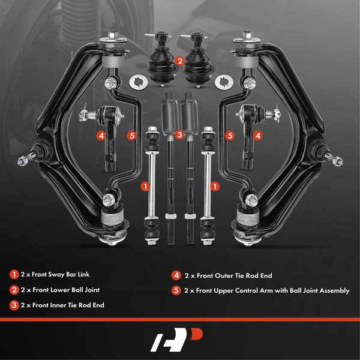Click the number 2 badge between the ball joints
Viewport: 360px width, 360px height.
coord(179,61)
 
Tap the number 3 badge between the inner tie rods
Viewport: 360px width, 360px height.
coord(179,136)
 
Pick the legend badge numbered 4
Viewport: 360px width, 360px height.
coord(176,275)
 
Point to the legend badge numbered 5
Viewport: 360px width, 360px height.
coord(176,290)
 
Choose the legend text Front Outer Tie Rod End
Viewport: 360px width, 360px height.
coord(228,275)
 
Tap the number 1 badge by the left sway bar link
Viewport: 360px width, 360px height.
coord(145,187)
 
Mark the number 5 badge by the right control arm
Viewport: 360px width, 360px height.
coord(229,136)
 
